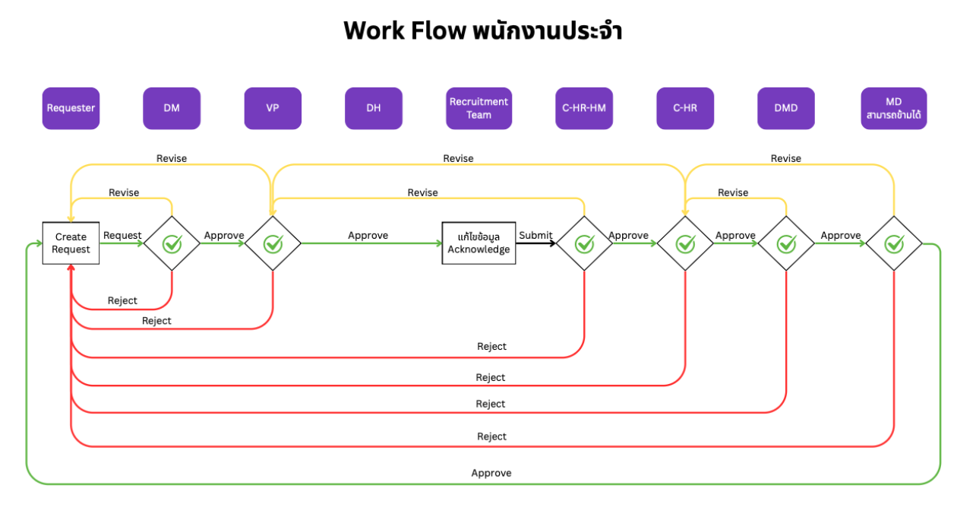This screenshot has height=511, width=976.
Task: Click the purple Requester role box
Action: click(71, 108)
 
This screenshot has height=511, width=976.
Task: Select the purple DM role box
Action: click(172, 108)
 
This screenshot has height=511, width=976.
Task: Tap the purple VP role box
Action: click(273, 108)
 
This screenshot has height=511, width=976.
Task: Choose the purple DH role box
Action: click(374, 108)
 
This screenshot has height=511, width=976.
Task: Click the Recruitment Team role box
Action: click(479, 108)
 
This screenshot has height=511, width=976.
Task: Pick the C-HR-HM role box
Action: click(584, 108)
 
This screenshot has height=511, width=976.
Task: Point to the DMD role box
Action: click(786, 108)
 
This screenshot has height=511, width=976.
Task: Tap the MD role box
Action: click(894, 108)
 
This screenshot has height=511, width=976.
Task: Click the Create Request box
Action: click(71, 243)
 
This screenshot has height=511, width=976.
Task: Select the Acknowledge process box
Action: click(479, 243)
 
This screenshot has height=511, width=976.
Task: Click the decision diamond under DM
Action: click(172, 243)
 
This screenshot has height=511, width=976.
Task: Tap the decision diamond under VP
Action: click(273, 243)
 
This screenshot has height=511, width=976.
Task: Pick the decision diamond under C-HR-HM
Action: click(584, 243)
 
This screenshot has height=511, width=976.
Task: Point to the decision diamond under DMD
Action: click(786, 243)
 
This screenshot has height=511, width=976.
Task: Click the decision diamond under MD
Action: click(894, 243)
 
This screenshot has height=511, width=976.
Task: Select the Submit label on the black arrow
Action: click(535, 236)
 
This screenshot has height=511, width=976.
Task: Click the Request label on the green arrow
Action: click(122, 236)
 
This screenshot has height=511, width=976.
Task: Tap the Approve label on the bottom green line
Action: click(491, 473)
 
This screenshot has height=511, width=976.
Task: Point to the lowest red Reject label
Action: click(491, 436)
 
